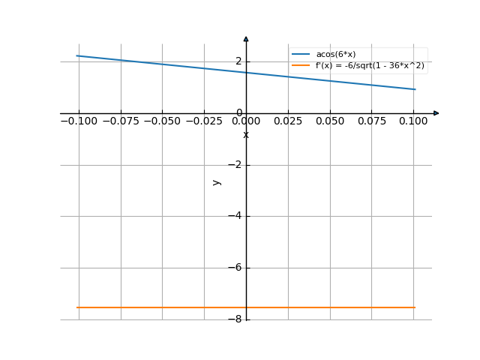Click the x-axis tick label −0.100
(79, 121)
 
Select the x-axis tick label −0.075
(121, 121)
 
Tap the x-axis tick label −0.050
(163, 121)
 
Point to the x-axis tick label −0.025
(205, 121)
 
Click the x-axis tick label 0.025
(289, 121)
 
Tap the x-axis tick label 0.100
(413, 121)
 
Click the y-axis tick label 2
(238, 61)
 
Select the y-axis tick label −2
(235, 165)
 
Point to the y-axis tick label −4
(235, 216)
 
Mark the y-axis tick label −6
(235, 268)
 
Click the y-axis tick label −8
(235, 319)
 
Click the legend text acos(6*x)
(335, 55)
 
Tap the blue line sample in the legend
(301, 55)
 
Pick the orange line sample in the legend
(301, 65)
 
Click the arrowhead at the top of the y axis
(246, 38)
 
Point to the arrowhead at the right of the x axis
(436, 113)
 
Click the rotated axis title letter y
(217, 181)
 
